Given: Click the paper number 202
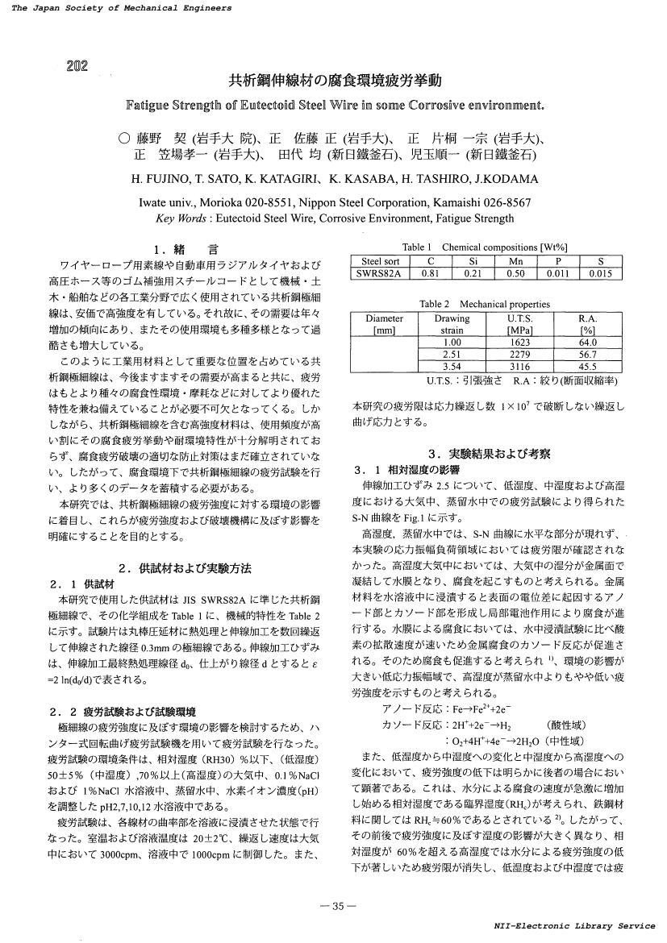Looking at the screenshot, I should click(x=77, y=65).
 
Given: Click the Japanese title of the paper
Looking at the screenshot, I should click(x=336, y=81).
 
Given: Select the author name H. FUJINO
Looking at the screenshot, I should click(x=158, y=178).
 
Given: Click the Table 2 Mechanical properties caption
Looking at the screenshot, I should click(x=485, y=304).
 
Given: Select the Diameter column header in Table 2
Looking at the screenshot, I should click(x=385, y=319).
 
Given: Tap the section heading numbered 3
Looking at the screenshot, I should click(x=489, y=453).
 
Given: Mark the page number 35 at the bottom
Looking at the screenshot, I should click(x=333, y=906).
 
